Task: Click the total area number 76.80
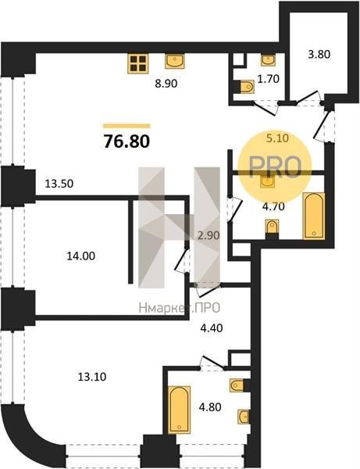point(127,141)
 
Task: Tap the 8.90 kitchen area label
point(166,84)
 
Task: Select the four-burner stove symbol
point(138,63)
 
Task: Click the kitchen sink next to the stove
point(175,61)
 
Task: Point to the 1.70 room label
point(269,79)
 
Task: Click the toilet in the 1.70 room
point(247,88)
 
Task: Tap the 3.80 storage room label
point(319,55)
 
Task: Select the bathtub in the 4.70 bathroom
point(314,216)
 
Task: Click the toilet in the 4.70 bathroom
point(273,229)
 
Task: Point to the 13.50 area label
point(59,184)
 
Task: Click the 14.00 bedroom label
point(81,256)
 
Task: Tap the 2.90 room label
point(209,235)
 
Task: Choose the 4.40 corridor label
point(212,328)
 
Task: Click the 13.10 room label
point(92,377)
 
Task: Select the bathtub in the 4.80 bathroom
point(180,410)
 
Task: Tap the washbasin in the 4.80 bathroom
point(244,417)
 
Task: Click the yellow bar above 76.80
point(127,126)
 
